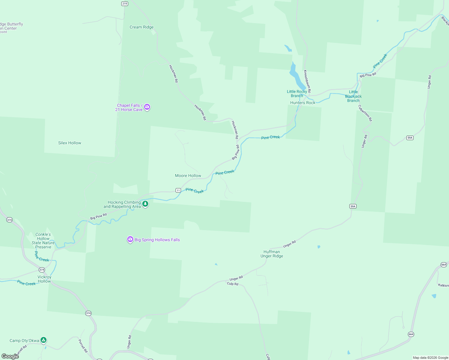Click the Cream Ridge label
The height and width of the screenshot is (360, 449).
tap(142, 27)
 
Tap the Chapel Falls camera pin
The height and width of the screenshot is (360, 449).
tap(147, 107)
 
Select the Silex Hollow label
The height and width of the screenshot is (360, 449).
tap(70, 143)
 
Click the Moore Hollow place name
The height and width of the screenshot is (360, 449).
tap(188, 176)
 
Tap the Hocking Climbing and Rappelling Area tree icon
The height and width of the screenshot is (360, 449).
tap(145, 204)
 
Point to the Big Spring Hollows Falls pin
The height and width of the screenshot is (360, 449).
tap(130, 239)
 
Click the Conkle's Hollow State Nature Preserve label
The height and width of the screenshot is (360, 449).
tap(43, 241)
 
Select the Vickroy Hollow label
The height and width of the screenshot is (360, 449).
tap(44, 279)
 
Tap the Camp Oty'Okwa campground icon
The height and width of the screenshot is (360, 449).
tap(44, 340)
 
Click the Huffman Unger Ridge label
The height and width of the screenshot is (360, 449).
tap(272, 254)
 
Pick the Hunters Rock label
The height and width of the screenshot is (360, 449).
tap(303, 103)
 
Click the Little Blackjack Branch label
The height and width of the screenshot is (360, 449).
tap(353, 96)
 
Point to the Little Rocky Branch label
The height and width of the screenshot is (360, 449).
tap(297, 94)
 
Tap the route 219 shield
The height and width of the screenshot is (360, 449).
tap(125, 4)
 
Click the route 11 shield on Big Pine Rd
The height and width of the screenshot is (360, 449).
tap(178, 190)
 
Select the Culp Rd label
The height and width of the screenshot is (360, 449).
tap(233, 284)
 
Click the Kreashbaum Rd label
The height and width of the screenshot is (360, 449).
tap(307, 81)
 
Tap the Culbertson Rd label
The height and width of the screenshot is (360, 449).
tap(365, 113)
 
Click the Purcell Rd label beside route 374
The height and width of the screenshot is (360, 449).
tap(83, 346)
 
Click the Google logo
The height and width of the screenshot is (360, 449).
tap(10, 356)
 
